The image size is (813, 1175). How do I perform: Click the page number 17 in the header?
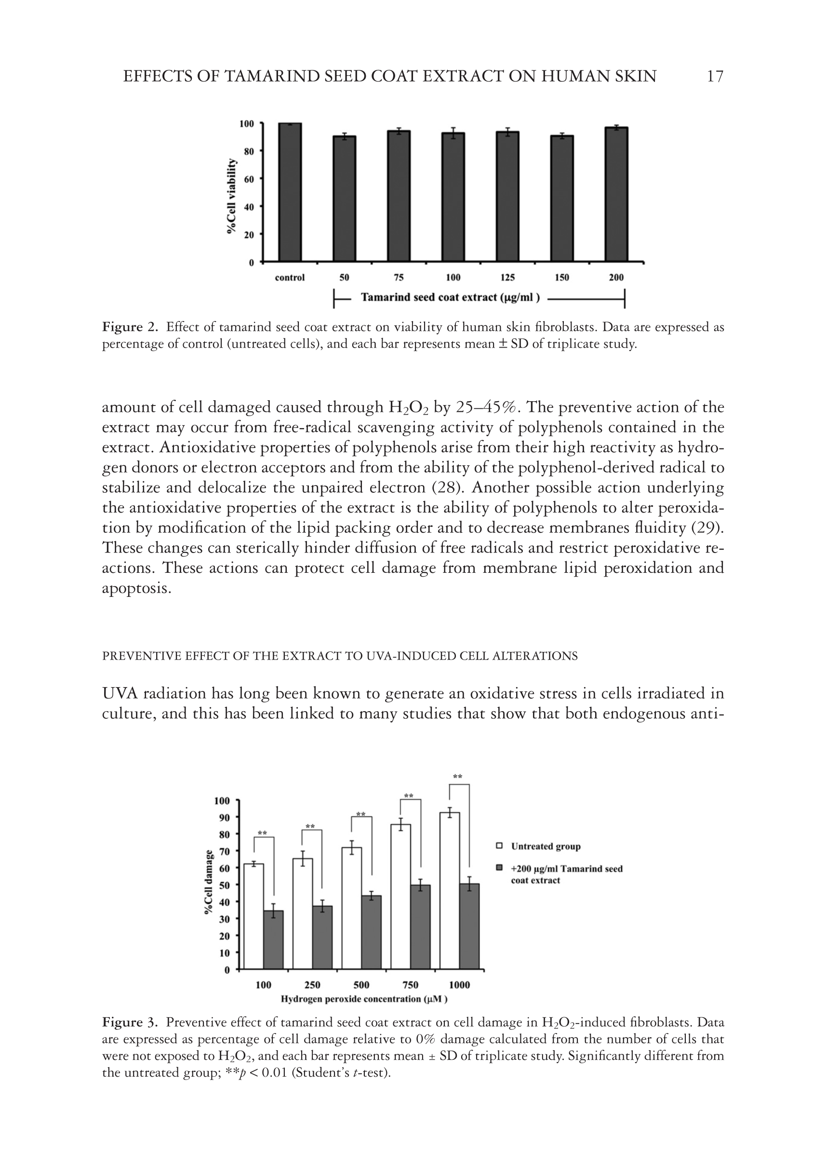tap(715, 77)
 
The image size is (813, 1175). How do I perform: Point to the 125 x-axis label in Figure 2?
tap(507, 278)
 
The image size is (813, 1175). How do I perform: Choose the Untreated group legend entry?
tap(545, 846)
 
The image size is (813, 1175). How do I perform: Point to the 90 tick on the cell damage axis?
tap(224, 817)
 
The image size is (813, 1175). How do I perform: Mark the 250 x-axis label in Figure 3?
tap(312, 985)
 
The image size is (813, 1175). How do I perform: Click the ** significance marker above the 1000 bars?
tap(457, 777)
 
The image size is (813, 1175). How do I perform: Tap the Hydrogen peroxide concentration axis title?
tap(364, 999)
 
